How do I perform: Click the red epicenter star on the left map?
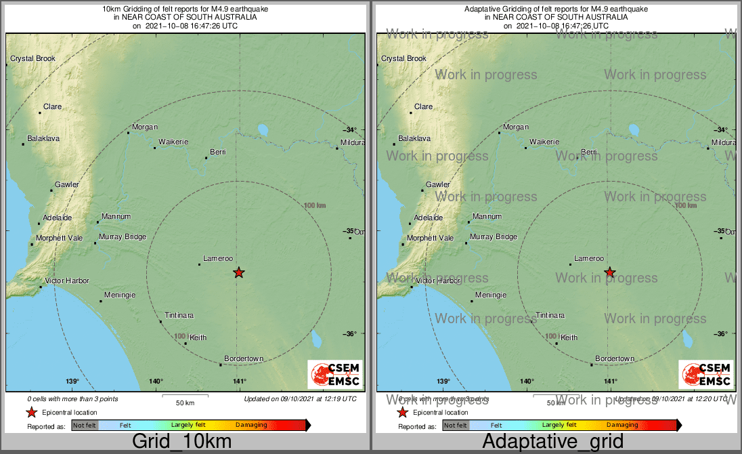(x=238, y=272)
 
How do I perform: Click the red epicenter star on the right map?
(x=610, y=272)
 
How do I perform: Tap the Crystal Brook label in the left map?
(x=32, y=59)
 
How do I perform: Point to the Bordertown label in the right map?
(x=615, y=358)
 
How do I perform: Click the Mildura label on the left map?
(x=352, y=143)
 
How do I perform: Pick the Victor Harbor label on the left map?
(x=67, y=281)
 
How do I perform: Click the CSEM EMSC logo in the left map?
(x=335, y=375)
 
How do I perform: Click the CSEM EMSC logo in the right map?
(x=706, y=375)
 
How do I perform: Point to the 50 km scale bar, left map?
(x=185, y=394)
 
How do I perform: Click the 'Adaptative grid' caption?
(x=553, y=441)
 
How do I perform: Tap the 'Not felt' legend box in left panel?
(x=85, y=426)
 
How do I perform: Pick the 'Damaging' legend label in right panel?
(x=621, y=426)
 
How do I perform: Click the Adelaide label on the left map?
(x=57, y=218)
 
